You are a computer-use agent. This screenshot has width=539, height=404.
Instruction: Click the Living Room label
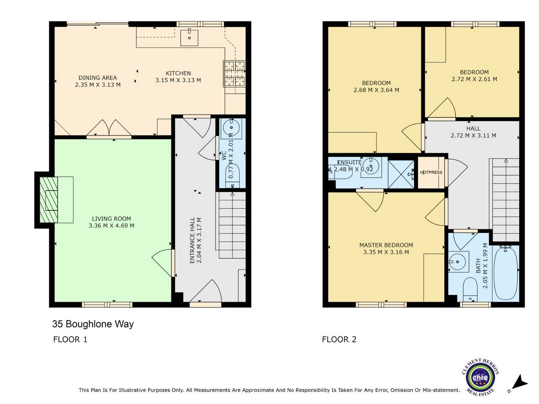pos(111,218)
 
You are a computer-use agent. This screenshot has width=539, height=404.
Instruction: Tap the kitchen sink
pos(189,37)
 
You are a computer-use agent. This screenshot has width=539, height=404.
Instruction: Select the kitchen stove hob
pos(234,74)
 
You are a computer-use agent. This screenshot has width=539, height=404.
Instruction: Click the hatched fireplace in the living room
pos(49,199)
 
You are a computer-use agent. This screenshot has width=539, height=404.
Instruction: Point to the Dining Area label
pos(98,78)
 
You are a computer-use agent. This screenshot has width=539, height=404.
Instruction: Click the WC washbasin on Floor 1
pos(231,128)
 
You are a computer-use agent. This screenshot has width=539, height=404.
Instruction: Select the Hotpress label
pos(431,173)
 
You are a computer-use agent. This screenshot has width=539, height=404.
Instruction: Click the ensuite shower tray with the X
pos(401,174)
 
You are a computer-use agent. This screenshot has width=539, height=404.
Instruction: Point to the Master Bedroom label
pos(386,245)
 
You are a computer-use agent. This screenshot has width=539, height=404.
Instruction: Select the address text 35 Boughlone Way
pos(93,324)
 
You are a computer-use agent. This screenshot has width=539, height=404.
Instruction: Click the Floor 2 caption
pos(339,340)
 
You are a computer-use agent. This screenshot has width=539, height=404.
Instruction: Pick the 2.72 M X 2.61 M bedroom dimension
pos(474,79)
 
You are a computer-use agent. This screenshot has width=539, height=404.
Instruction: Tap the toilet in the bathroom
pos(470,290)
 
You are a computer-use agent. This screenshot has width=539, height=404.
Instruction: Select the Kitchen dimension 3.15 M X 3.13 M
pos(178,80)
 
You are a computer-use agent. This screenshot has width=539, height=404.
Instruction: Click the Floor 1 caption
pos(70,340)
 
